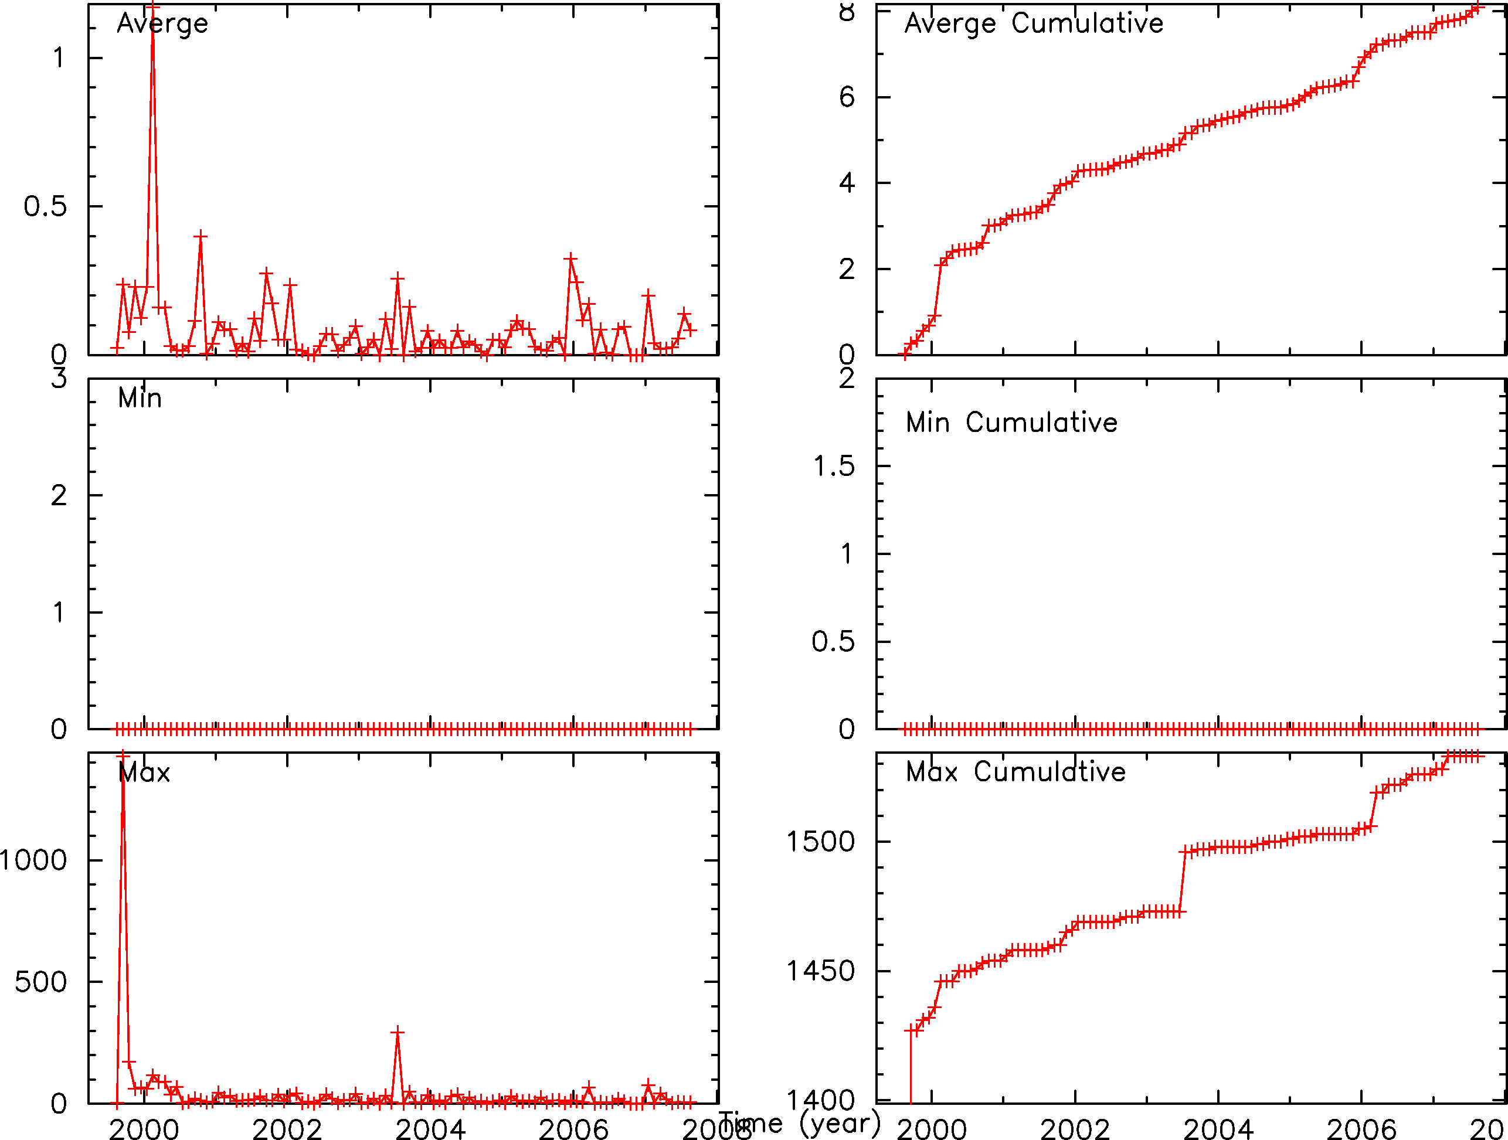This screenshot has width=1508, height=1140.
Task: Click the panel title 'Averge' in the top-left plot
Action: pos(162,24)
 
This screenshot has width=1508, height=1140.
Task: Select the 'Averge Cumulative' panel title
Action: pos(1034,24)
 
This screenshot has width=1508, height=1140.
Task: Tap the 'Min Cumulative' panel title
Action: pos(1012,423)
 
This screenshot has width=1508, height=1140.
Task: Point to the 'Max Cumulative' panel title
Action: pos(1015,772)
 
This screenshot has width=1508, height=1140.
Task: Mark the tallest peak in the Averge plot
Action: pos(152,8)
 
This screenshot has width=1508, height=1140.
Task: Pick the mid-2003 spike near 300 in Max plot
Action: pos(398,1032)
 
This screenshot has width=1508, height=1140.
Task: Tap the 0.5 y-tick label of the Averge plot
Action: pos(45,206)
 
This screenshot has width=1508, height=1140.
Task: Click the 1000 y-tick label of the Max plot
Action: pos(33,860)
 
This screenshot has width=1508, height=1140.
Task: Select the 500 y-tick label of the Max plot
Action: pos(41,982)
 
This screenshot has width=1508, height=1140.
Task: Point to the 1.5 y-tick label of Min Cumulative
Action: pos(833,466)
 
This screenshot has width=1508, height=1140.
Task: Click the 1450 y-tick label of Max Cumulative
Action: pos(820,971)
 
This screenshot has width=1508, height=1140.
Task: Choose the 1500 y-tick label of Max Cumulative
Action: pos(820,842)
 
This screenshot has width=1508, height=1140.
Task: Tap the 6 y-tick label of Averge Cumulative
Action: pos(847,97)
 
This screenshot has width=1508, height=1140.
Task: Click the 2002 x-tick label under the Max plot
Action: pos(287,1129)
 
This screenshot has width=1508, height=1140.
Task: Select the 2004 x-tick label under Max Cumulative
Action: pos(1218,1129)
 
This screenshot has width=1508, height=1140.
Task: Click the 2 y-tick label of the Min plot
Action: pos(59,495)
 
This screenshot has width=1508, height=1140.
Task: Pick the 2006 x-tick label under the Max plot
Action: pos(573,1129)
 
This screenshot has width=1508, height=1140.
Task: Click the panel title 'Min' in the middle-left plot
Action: pos(140,398)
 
